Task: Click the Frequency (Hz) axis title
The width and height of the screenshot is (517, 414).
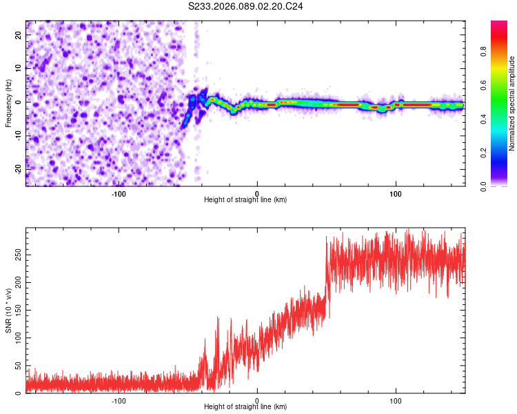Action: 8,103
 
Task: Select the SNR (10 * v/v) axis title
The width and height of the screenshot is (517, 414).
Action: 8,310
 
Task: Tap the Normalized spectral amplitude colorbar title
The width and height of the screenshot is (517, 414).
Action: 512,103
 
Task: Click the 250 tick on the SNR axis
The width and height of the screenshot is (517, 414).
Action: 17,255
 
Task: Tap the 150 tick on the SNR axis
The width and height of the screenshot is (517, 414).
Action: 17,310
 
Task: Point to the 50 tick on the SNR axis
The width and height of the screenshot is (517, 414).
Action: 19,366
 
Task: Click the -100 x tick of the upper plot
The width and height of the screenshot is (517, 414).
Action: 119,193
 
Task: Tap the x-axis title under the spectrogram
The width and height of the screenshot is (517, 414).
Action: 245,200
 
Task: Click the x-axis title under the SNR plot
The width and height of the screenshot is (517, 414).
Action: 245,408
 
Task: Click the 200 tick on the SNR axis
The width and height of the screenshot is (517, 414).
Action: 17,282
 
